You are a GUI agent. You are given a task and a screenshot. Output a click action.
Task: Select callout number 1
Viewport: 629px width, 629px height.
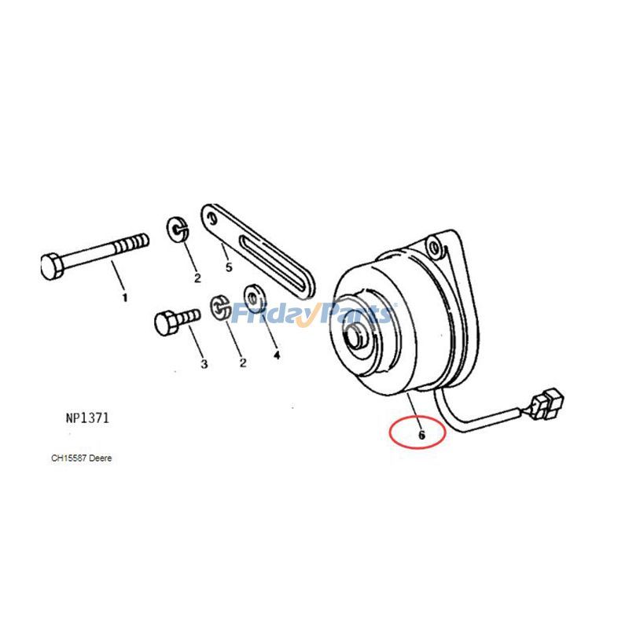[x=123, y=297]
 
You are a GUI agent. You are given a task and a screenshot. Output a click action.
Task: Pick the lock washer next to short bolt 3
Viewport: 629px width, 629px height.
[x=220, y=308]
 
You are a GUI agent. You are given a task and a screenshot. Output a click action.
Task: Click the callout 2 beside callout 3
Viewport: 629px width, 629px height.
[x=243, y=362]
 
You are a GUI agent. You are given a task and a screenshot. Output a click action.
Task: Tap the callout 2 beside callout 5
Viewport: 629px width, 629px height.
[x=197, y=278]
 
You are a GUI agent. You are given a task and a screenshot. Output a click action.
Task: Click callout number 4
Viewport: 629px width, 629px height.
[x=276, y=355]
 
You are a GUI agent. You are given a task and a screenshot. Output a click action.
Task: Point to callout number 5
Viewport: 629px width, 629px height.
[x=229, y=267]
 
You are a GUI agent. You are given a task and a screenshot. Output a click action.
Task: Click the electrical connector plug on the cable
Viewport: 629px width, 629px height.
[x=546, y=401]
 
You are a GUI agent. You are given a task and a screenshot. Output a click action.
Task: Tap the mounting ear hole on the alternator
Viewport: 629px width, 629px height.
[x=447, y=248]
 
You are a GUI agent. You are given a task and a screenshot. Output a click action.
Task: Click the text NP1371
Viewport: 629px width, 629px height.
[x=87, y=418]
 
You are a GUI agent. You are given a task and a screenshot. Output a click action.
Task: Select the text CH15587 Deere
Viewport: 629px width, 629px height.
[x=82, y=458]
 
